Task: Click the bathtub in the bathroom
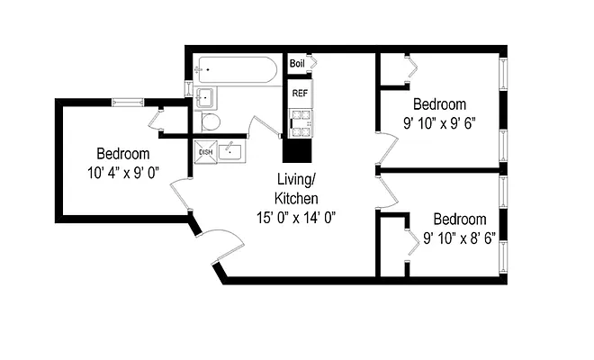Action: [236, 69]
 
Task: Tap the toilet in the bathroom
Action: [211, 122]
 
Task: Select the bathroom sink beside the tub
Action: [203, 96]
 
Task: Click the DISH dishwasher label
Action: [205, 151]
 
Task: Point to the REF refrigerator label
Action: [299, 93]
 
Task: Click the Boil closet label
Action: [297, 64]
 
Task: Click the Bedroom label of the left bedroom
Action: [123, 153]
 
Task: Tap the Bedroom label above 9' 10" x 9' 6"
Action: [440, 104]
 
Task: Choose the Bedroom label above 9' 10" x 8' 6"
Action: [460, 219]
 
